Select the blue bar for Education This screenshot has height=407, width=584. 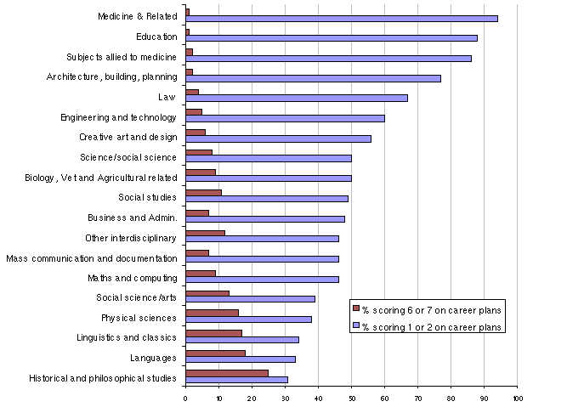pos(332,38)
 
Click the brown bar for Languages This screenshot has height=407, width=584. pos(215,353)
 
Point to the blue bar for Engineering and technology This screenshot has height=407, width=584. pos(285,118)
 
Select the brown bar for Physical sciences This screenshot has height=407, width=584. pos(212,313)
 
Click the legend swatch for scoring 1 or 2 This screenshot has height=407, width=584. pos(357,326)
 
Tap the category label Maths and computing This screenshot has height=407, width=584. pos(132,278)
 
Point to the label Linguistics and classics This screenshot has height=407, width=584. pos(126,337)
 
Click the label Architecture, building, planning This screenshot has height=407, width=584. pos(111,77)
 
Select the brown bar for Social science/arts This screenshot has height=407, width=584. pos(207,292)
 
